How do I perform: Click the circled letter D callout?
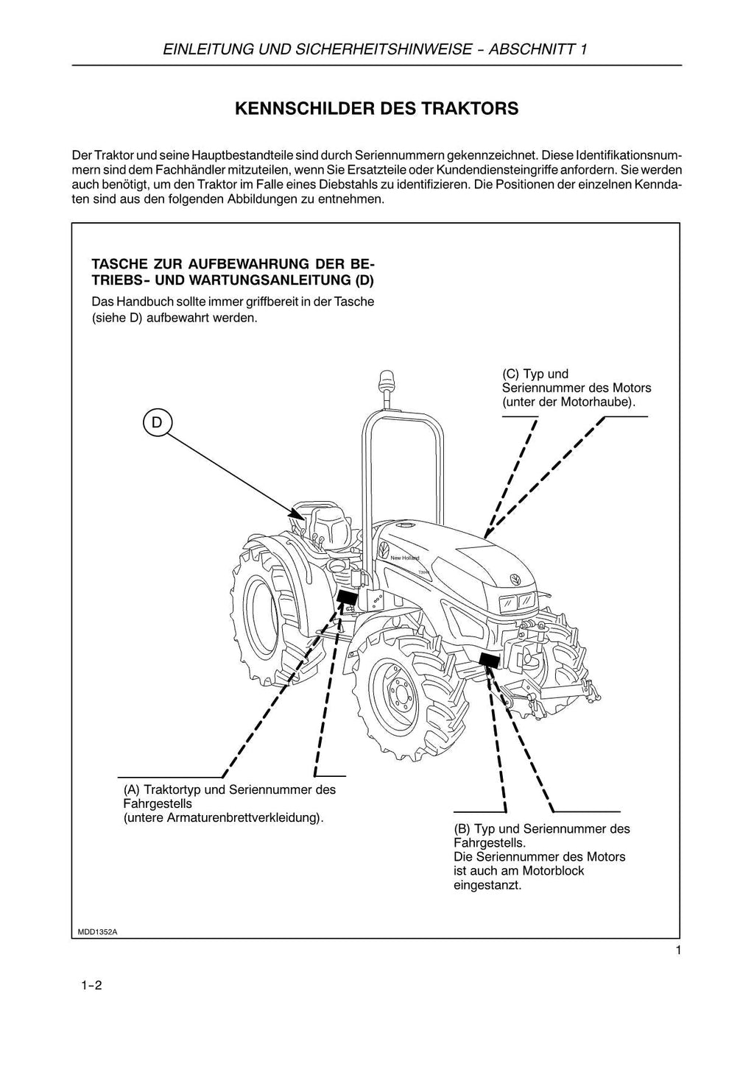(156, 422)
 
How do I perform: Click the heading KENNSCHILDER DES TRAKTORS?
(376, 109)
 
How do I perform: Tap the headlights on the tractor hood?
(517, 602)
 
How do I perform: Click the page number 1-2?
(91, 985)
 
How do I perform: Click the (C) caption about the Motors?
(576, 388)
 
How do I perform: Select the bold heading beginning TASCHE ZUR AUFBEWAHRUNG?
(233, 271)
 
